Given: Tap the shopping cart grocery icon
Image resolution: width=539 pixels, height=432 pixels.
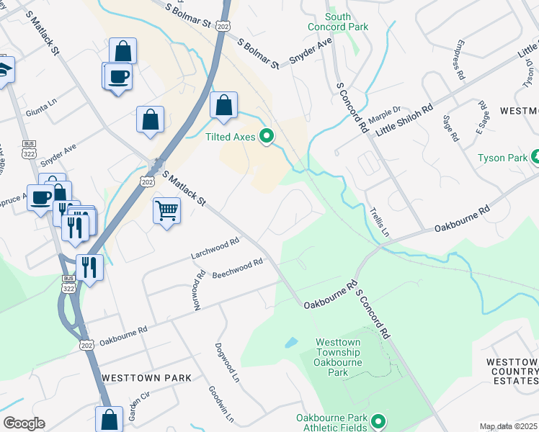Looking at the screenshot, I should [166, 211].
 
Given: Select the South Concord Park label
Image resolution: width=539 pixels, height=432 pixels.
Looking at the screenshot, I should [347, 22].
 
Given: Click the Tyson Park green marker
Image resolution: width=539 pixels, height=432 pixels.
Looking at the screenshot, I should [535, 156].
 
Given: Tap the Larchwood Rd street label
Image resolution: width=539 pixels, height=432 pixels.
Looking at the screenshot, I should [215, 249].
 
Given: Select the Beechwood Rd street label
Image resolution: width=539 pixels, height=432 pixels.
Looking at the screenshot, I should [238, 270].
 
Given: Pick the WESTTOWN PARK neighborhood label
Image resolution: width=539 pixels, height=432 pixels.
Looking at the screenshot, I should [147, 377].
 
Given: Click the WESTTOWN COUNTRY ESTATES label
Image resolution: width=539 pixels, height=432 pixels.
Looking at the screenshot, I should [512, 371].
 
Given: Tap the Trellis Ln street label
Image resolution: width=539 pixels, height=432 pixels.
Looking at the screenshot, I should [379, 222].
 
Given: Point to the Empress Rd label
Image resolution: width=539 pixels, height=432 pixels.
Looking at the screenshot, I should [458, 60].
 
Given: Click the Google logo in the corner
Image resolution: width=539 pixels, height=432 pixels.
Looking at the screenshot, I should [23, 423].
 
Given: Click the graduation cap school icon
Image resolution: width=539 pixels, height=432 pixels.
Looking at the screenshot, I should [4, 71].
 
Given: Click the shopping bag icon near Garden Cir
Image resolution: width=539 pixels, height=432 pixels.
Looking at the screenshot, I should [108, 419].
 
